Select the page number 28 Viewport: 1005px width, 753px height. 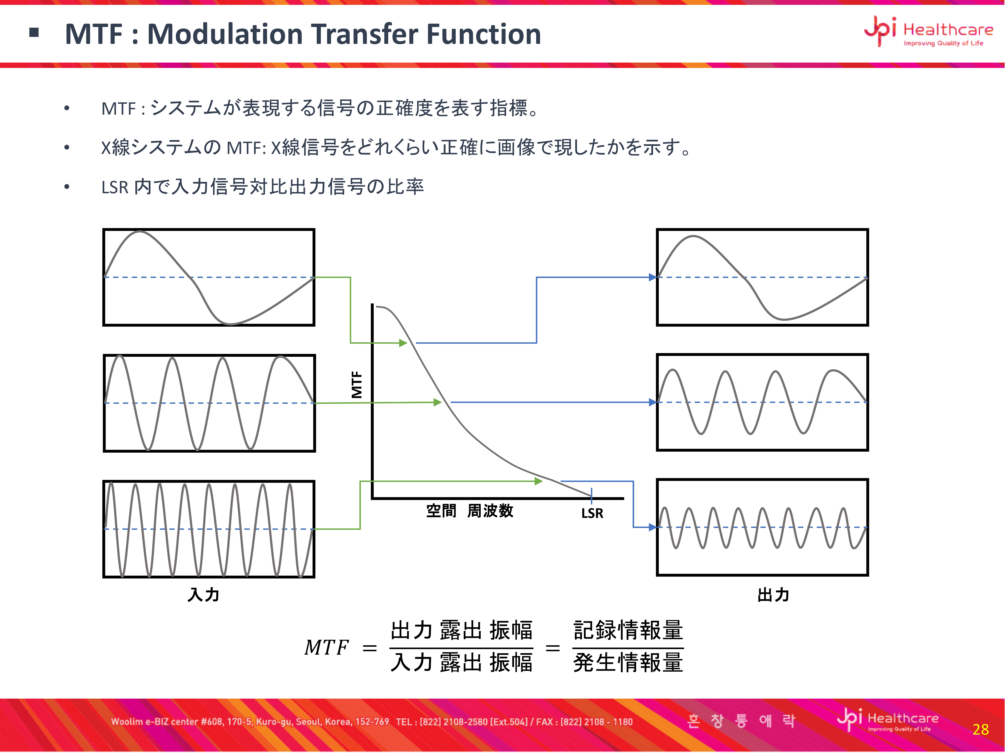click(981, 729)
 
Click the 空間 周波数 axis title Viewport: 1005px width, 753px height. click(470, 511)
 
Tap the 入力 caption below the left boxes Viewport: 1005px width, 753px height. click(204, 595)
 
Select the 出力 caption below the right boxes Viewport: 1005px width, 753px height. click(773, 595)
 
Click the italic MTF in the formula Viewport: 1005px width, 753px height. click(326, 647)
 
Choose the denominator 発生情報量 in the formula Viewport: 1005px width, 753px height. click(628, 662)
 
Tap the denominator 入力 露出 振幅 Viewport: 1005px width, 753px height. click(462, 662)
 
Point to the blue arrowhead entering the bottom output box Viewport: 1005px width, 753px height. click(653, 527)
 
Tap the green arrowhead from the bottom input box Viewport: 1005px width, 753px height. click(539, 481)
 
